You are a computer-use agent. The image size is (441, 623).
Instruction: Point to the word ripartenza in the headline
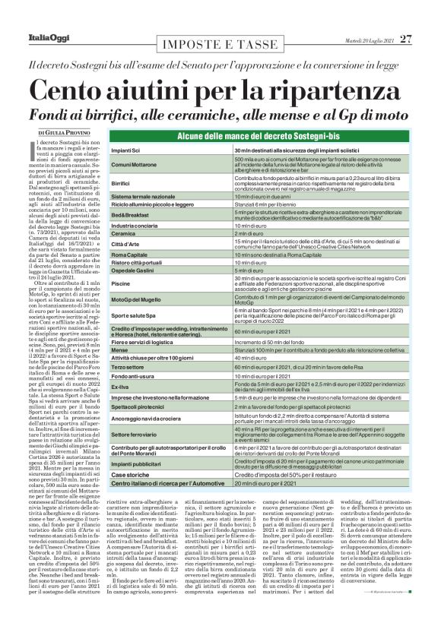click(x=332, y=88)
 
